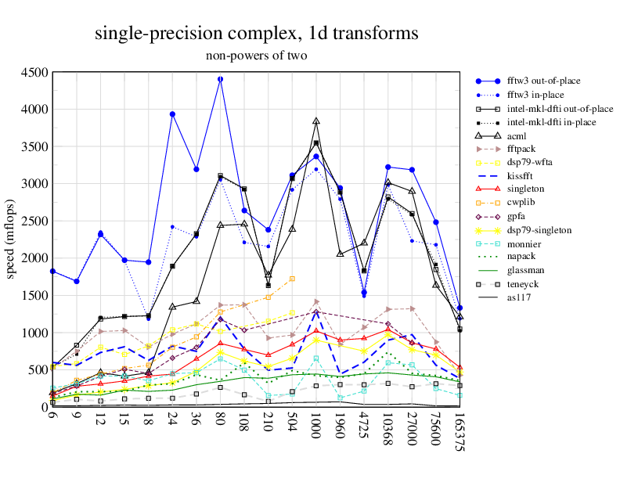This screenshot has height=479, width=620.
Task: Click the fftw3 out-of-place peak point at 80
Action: [x=220, y=79]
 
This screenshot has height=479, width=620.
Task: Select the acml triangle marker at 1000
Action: [x=316, y=121]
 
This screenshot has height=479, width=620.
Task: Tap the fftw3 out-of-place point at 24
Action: [x=172, y=114]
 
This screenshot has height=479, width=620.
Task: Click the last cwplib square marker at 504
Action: [x=292, y=279]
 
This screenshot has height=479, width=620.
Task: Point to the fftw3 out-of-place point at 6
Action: [x=52, y=271]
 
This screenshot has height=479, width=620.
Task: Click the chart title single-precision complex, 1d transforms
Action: [x=257, y=34]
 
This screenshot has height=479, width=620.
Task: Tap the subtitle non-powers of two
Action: [x=257, y=56]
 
